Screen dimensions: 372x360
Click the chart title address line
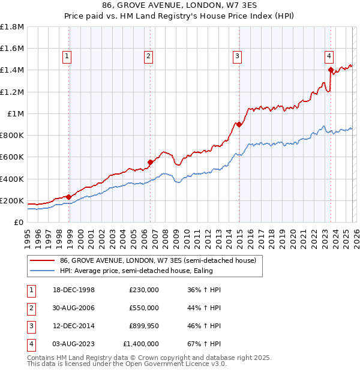(x=180, y=7)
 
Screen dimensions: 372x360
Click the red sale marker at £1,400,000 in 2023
(x=331, y=70)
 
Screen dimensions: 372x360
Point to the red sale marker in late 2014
(x=239, y=124)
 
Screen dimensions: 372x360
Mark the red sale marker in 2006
(x=151, y=162)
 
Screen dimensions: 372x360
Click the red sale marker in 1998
(x=69, y=197)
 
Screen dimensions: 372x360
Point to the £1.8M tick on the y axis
(x=13, y=27)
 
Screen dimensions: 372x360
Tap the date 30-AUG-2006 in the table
(x=73, y=308)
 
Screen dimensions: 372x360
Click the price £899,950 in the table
(x=144, y=326)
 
